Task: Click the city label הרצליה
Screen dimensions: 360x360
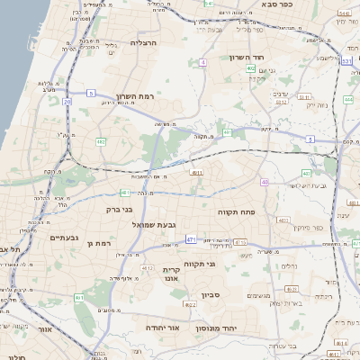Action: pyautogui.click(x=144, y=42)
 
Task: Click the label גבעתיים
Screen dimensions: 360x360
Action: pyautogui.click(x=41, y=238)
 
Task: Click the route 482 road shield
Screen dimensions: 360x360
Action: pyautogui.click(x=100, y=141)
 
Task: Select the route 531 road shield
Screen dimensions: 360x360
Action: pyautogui.click(x=347, y=61)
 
